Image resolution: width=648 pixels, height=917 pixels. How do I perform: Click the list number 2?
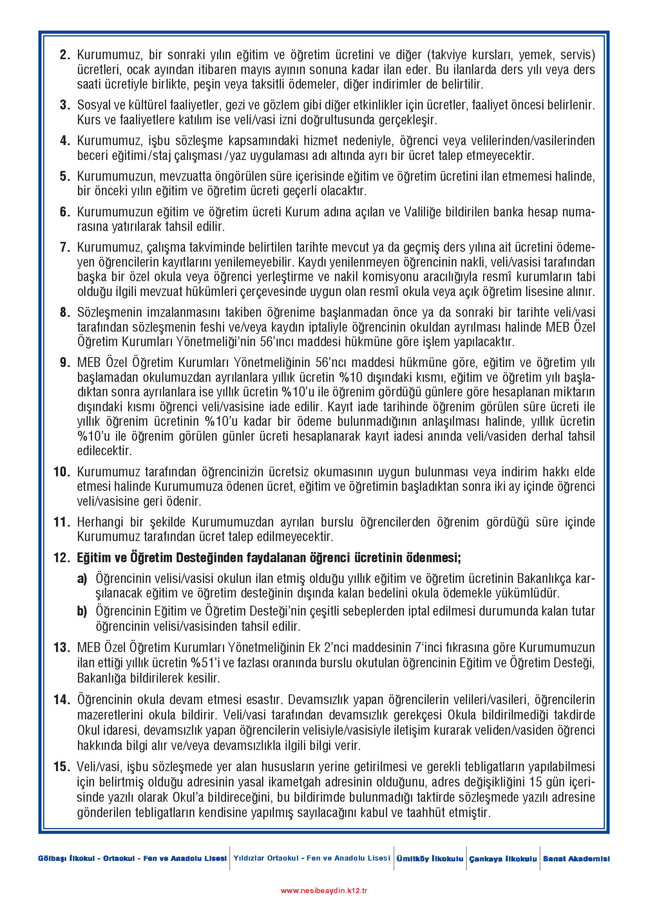coord(65,55)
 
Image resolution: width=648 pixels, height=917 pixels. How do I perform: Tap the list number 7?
coord(65,248)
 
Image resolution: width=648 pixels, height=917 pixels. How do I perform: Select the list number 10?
coord(62,472)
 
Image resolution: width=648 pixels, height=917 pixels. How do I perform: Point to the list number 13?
coord(62,648)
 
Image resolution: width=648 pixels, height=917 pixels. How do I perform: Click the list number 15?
coord(62,767)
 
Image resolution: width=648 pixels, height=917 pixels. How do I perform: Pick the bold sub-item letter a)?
coord(82,579)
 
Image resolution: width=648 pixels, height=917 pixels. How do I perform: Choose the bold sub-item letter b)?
coord(82,612)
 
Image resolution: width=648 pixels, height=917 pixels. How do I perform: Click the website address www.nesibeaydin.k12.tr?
coord(324,890)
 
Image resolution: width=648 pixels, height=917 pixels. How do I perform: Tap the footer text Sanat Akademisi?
coord(576,859)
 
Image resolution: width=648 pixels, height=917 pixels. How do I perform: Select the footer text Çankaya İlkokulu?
coord(503,859)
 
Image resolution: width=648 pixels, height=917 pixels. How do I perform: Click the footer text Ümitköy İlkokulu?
coord(430,859)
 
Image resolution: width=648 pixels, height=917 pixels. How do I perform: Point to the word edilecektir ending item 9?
coord(104,451)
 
